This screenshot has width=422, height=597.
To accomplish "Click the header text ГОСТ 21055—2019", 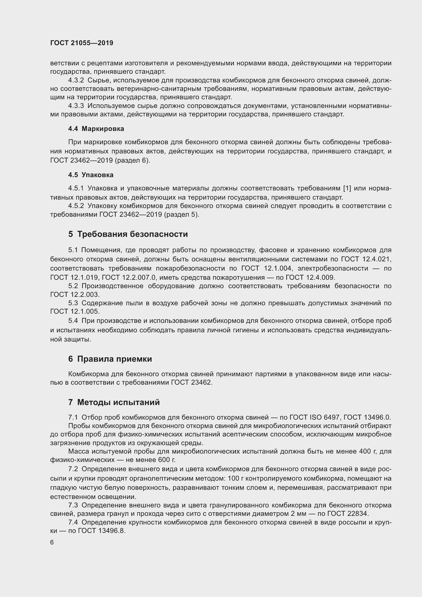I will pyautogui.click(x=82, y=43).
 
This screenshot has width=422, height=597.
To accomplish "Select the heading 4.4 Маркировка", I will pyautogui.click(x=96, y=129).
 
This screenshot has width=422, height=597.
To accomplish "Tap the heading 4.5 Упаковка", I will pyautogui.click(x=91, y=175).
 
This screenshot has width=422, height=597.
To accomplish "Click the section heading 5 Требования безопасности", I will pyautogui.click(x=128, y=234).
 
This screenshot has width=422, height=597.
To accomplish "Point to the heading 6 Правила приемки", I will pyautogui.click(x=110, y=359).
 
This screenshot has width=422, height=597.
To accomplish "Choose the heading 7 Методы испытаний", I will pyautogui.click(x=114, y=402).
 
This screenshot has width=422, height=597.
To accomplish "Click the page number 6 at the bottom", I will pyautogui.click(x=52, y=542).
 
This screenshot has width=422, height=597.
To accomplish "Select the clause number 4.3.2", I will pyautogui.click(x=76, y=80).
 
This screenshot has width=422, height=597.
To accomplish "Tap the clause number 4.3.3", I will pyautogui.click(x=76, y=106).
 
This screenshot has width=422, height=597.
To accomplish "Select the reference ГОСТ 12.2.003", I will pyautogui.click(x=75, y=295).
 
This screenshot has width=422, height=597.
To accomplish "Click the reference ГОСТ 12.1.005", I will pyautogui.click(x=75, y=311).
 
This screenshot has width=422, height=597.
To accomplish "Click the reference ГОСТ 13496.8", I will pyautogui.click(x=97, y=531).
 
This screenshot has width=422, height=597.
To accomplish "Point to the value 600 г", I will pyautogui.click(x=166, y=460).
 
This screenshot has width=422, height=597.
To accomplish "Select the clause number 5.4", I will pyautogui.click(x=73, y=321).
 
